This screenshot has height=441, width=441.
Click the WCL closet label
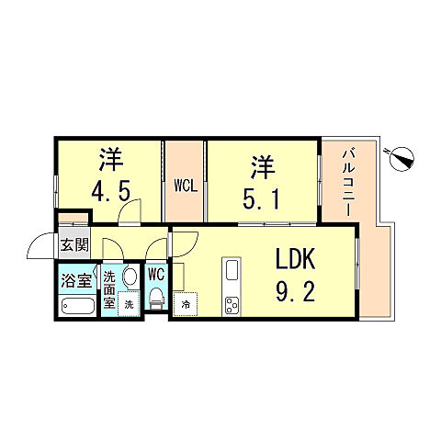(x=185, y=185)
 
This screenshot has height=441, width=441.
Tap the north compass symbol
(x=400, y=159)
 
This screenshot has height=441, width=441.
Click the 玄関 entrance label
(x=74, y=245)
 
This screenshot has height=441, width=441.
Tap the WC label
(x=156, y=274)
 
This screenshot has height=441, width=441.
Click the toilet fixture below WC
(x=156, y=299)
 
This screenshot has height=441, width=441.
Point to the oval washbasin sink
(x=129, y=277)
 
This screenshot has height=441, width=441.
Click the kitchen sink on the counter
(x=231, y=270)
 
